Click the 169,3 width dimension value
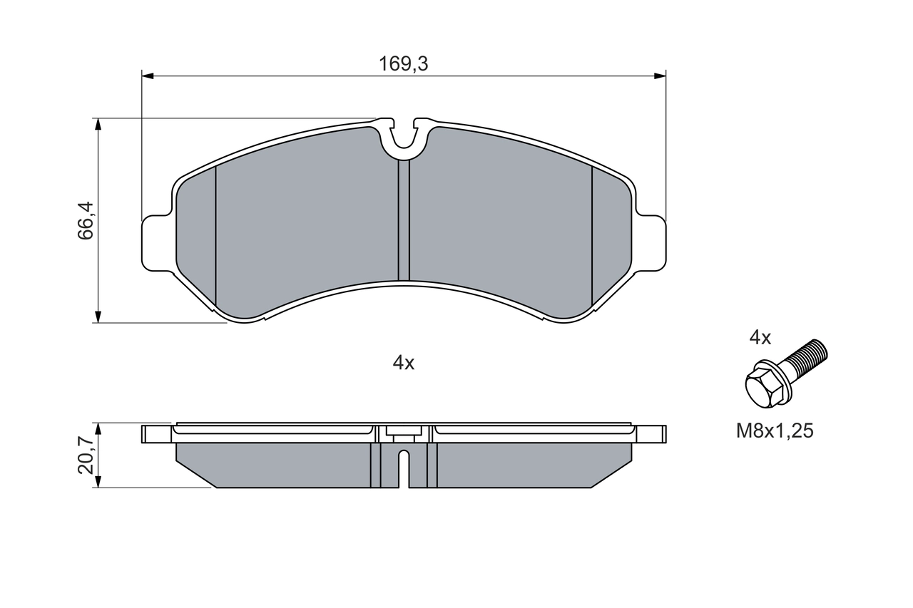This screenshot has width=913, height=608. pyautogui.click(x=403, y=64)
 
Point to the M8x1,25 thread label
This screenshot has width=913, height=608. pyautogui.click(x=775, y=431)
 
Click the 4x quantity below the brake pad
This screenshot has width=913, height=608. pyautogui.click(x=404, y=363)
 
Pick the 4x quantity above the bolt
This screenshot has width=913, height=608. pyautogui.click(x=760, y=338)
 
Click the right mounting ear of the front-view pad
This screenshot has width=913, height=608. pyautogui.click(x=650, y=243)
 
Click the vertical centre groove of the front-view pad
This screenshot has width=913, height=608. pyautogui.click(x=404, y=221)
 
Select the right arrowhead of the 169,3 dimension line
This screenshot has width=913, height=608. pyautogui.click(x=660, y=74)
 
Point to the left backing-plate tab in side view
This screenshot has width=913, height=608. pyautogui.click(x=158, y=434)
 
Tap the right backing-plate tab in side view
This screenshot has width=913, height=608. pyautogui.click(x=650, y=434)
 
